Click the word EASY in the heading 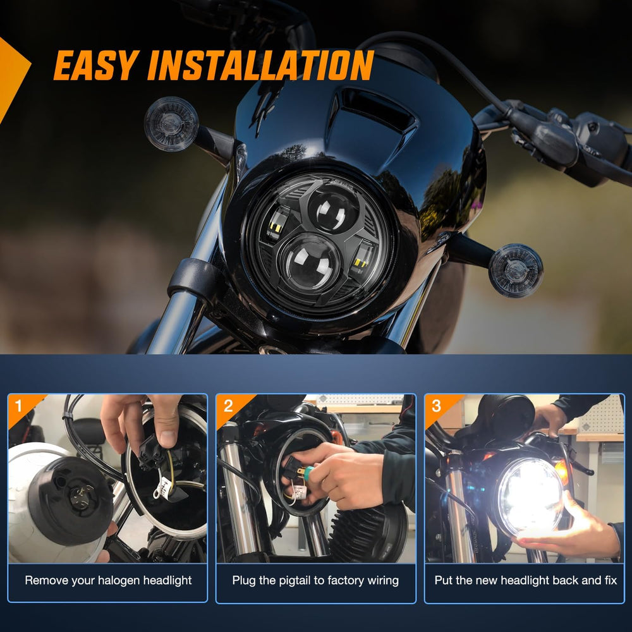point(95,65)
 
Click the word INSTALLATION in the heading point(260,65)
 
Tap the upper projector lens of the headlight point(334,209)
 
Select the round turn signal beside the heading point(171,123)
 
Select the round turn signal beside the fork point(516,270)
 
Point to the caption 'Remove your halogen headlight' point(108,580)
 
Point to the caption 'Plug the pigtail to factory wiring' point(315,580)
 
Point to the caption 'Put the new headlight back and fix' point(526,580)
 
